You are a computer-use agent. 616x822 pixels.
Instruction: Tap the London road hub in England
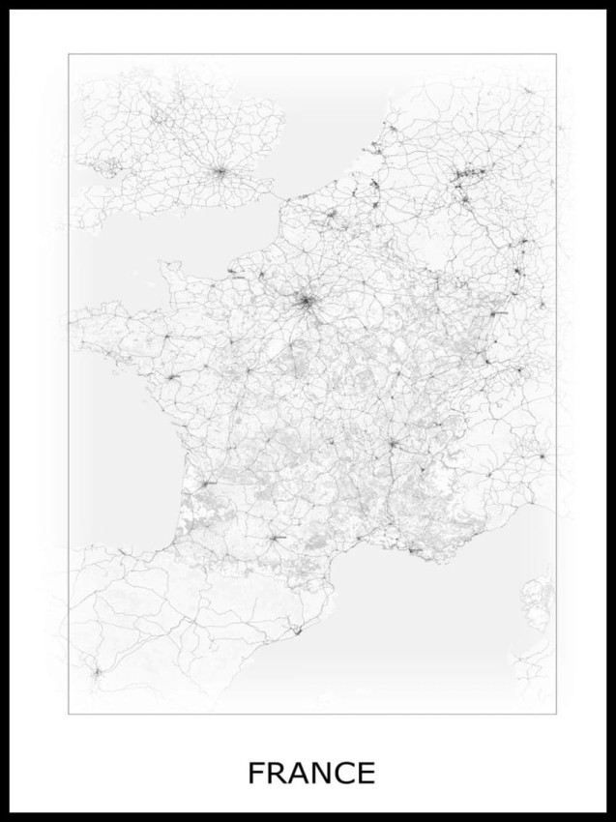(x=221, y=172)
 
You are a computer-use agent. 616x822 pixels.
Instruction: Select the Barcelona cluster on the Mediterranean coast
(x=297, y=628)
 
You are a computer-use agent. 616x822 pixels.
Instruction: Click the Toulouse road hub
(x=277, y=538)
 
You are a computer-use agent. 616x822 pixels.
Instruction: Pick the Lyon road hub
(x=394, y=444)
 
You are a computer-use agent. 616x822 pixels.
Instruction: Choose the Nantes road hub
(x=173, y=377)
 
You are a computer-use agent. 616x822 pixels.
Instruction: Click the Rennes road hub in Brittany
(x=165, y=336)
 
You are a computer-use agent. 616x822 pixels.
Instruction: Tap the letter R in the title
(x=276, y=774)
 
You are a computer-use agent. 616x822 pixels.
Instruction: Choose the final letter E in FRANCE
(x=366, y=774)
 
